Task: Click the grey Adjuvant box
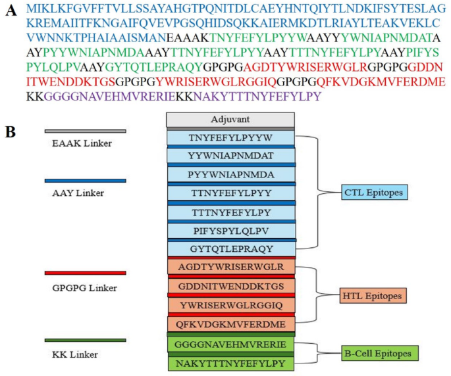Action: [230, 120]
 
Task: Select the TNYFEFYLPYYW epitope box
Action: [230, 139]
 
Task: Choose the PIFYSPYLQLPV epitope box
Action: [230, 231]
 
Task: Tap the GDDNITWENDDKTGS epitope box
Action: [230, 287]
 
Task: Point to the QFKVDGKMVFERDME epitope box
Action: [230, 324]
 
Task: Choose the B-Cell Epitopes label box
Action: [380, 354]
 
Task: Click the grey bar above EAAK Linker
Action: [85, 131]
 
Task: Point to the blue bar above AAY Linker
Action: [85, 180]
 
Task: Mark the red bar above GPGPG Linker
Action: [85, 273]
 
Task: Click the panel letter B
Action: [11, 131]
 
